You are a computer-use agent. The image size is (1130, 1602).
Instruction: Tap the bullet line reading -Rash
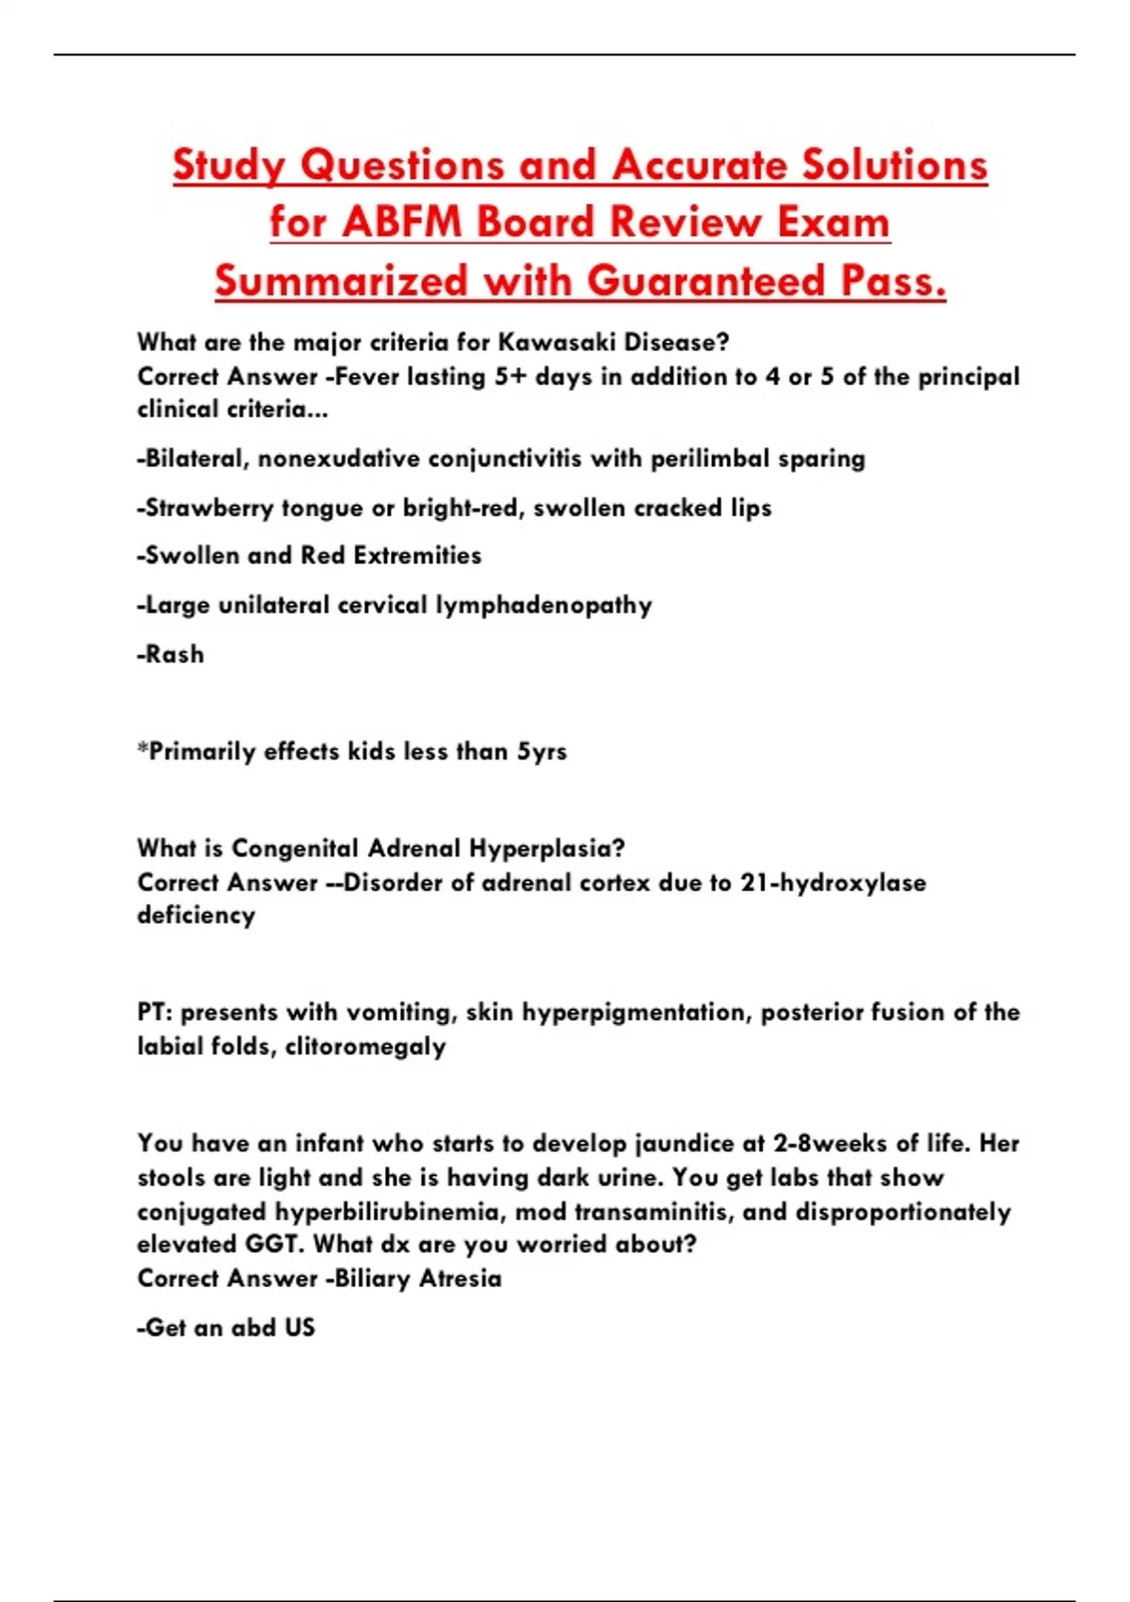[x=170, y=654]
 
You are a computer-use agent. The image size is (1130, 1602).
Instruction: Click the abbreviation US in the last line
[x=299, y=1328]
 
